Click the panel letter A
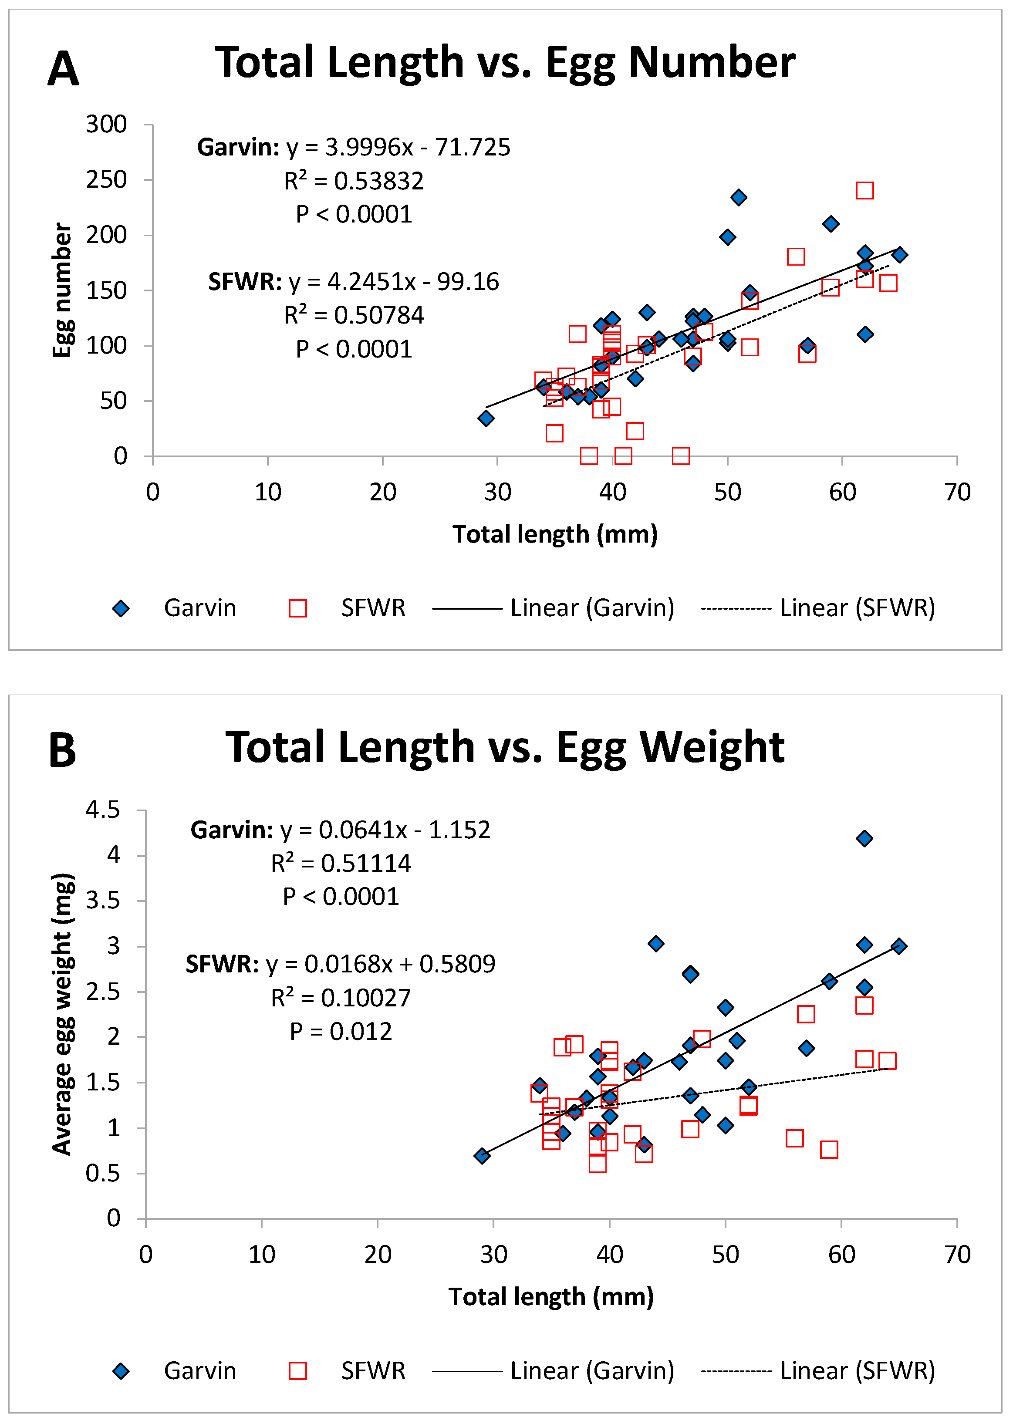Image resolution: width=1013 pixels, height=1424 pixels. coord(63,69)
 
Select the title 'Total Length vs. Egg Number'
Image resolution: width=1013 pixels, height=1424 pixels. coord(505,63)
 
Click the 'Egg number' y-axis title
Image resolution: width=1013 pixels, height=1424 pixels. coord(62,290)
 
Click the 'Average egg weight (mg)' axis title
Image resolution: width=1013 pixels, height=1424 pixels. coord(62,1014)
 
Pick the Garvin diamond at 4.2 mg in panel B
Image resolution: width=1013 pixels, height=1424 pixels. coord(864,838)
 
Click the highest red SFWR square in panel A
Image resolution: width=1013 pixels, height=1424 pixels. coord(864,190)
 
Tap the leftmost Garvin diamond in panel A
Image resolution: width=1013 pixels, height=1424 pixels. coord(486,418)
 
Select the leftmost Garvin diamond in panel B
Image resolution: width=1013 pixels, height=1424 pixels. coord(482,1156)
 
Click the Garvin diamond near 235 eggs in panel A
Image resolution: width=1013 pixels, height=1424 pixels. coord(739,198)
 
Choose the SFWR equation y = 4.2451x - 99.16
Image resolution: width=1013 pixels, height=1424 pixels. coord(354,282)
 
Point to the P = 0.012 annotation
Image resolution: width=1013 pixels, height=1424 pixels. coord(341,1032)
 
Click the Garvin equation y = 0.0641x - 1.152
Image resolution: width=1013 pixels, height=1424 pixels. coord(341,830)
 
